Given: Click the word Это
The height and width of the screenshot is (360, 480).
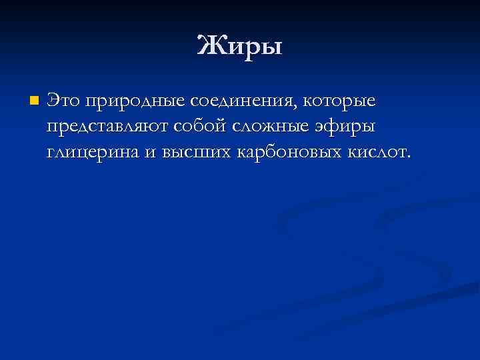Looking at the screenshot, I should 63,101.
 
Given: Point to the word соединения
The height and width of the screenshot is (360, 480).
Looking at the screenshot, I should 243,102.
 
